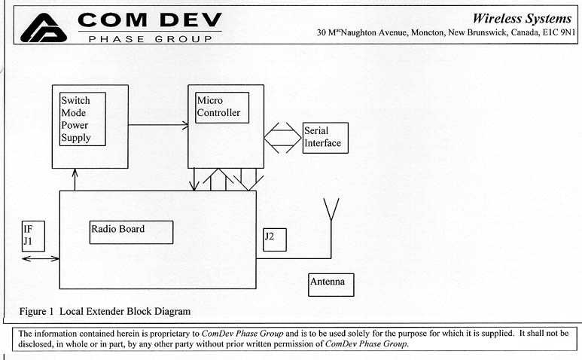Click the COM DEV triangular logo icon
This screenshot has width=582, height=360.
[44, 27]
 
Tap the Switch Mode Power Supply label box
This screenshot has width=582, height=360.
[82, 118]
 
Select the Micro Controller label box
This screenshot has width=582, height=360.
[221, 108]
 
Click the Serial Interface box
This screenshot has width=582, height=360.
[325, 138]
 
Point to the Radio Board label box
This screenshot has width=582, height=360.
[131, 232]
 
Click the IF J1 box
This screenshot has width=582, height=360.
[34, 236]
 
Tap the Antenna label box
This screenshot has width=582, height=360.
[331, 285]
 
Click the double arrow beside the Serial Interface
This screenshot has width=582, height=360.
[281, 138]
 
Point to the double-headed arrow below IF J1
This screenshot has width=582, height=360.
[41, 259]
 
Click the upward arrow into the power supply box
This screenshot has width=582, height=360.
[75, 180]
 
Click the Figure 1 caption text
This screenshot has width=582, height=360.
[104, 310]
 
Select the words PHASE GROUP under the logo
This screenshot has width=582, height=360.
[150, 38]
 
